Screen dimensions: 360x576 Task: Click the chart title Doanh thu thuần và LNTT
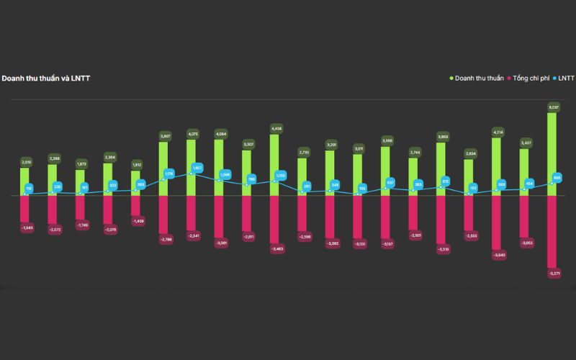click(x=45, y=78)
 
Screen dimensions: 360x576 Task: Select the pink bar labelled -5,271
click(x=553, y=230)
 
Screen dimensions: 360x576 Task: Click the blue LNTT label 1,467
click(x=197, y=168)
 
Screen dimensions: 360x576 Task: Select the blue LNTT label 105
click(x=362, y=188)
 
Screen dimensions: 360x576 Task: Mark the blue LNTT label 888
click(x=557, y=177)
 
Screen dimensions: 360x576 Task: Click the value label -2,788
click(x=165, y=239)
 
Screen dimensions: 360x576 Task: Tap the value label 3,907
click(x=165, y=135)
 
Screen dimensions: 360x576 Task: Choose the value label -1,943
click(x=26, y=228)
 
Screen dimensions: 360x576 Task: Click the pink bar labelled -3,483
click(x=276, y=219)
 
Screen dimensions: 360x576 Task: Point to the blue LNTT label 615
click(x=446, y=181)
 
